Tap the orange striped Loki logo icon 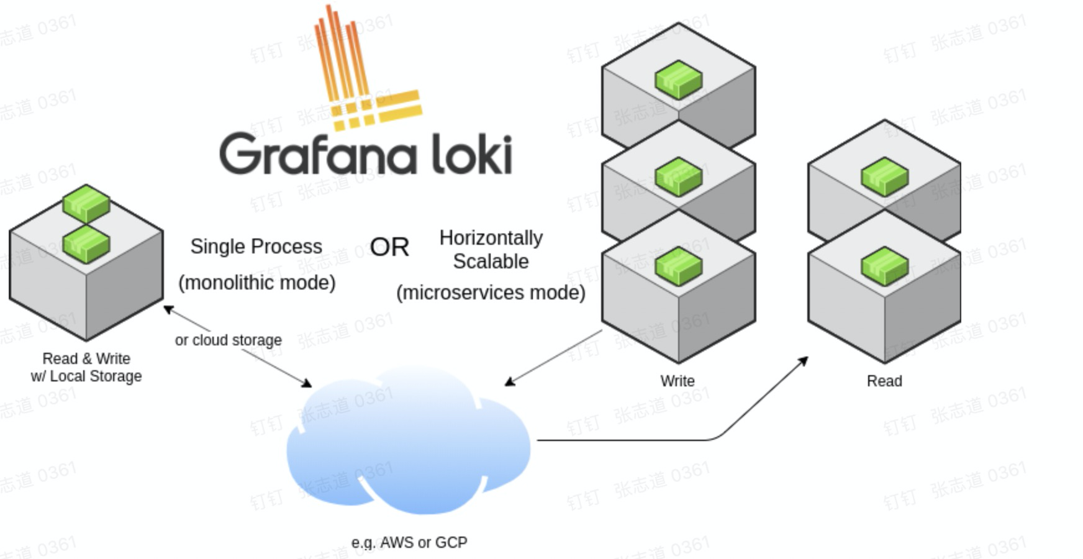(x=360, y=75)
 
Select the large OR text (x=389, y=247)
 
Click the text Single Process (x=256, y=247)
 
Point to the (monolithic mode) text (x=256, y=283)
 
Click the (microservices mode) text (x=491, y=293)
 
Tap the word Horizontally (x=491, y=238)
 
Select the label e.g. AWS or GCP (x=409, y=542)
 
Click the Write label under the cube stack (x=677, y=381)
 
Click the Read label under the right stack (x=884, y=381)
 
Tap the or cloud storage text (x=228, y=340)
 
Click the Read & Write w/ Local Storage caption (x=86, y=367)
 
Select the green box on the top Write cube (x=678, y=80)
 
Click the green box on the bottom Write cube (x=678, y=265)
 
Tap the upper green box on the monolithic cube (x=86, y=202)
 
